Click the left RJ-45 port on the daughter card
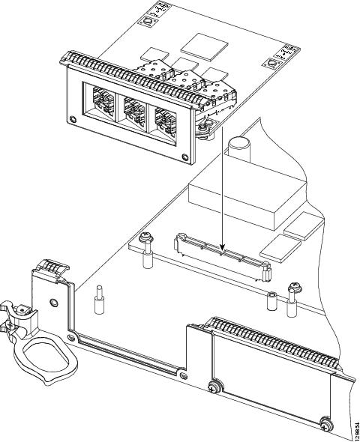(103, 103)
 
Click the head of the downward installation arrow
(223, 246)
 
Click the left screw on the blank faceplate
(214, 388)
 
